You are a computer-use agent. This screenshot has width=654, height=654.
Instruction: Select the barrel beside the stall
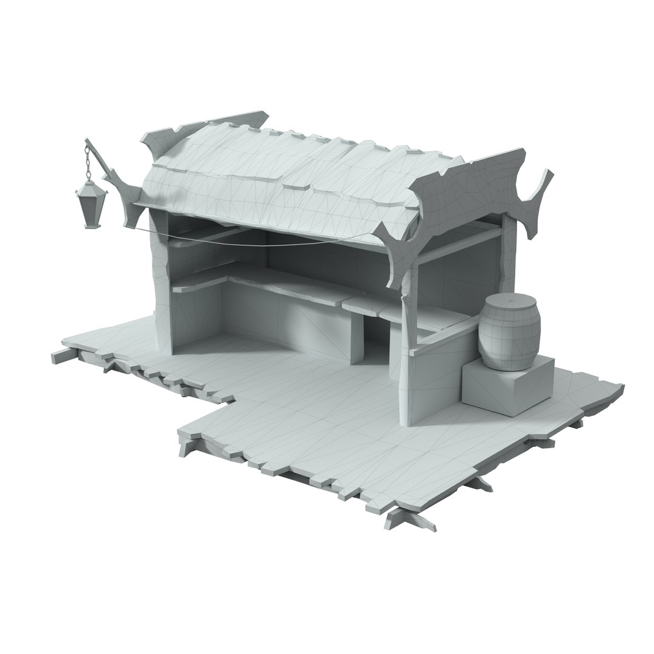[x=509, y=333]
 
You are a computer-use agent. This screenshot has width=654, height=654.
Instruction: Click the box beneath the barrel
[x=507, y=388]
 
